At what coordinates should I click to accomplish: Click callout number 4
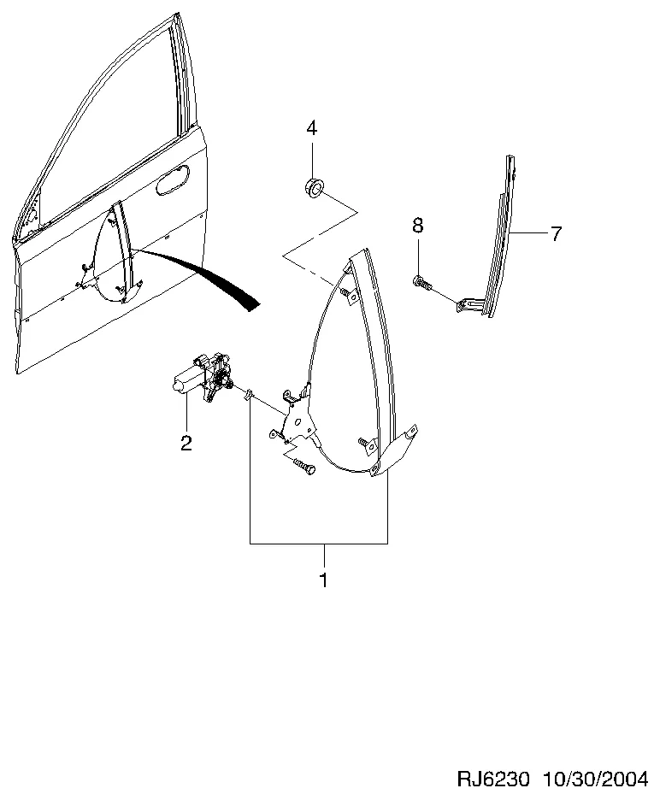(311, 128)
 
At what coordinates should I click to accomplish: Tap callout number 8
(418, 225)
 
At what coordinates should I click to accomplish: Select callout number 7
(556, 233)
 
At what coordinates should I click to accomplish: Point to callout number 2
(186, 443)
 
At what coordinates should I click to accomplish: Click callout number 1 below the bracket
(324, 580)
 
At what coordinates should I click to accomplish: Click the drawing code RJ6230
(493, 779)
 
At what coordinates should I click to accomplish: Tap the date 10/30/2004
(595, 779)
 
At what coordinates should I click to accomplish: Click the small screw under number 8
(421, 282)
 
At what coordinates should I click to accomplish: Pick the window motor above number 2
(203, 376)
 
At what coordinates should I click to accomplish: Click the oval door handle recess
(172, 180)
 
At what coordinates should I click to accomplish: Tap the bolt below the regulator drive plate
(304, 465)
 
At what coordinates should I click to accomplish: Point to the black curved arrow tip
(253, 305)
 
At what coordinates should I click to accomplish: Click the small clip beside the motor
(249, 394)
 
